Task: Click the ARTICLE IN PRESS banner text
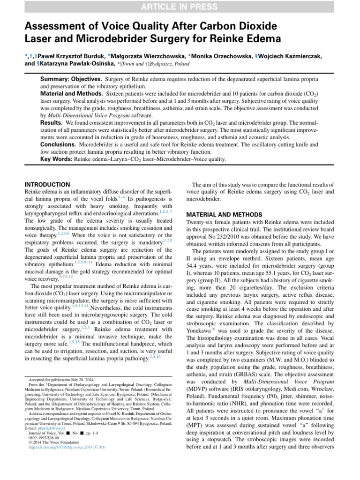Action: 180,6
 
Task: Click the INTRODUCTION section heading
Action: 47,184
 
